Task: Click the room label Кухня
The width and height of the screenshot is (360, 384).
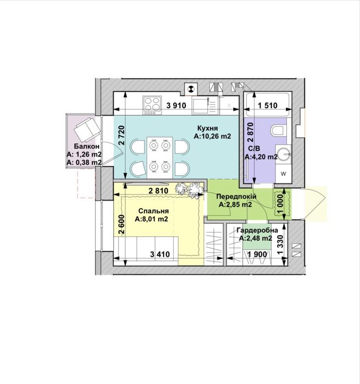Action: pos(207,129)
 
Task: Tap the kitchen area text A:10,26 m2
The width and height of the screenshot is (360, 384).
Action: pos(212,136)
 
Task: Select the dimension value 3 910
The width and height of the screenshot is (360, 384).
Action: pos(176,105)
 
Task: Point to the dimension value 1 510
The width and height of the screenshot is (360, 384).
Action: pos(268,105)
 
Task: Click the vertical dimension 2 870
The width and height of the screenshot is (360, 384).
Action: pos(251,132)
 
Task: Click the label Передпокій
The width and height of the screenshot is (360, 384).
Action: pos(236,197)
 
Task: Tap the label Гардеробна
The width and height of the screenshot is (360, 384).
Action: pos(257,230)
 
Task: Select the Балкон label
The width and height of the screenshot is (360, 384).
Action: pos(87,147)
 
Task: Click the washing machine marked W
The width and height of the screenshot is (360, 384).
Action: pos(283,174)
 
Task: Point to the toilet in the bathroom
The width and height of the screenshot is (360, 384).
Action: pos(279,130)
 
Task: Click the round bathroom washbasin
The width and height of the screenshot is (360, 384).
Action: pos(283,154)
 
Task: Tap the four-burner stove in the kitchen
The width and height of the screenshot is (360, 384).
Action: pos(152,105)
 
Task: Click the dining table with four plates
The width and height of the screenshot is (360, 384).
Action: pos(160,158)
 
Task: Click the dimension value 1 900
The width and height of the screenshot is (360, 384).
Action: pos(257,254)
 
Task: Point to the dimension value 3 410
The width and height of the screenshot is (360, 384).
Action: pos(160,254)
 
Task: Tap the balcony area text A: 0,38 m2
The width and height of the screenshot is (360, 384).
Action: pos(84,162)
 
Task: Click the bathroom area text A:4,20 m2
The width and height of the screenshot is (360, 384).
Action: pos(261,157)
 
